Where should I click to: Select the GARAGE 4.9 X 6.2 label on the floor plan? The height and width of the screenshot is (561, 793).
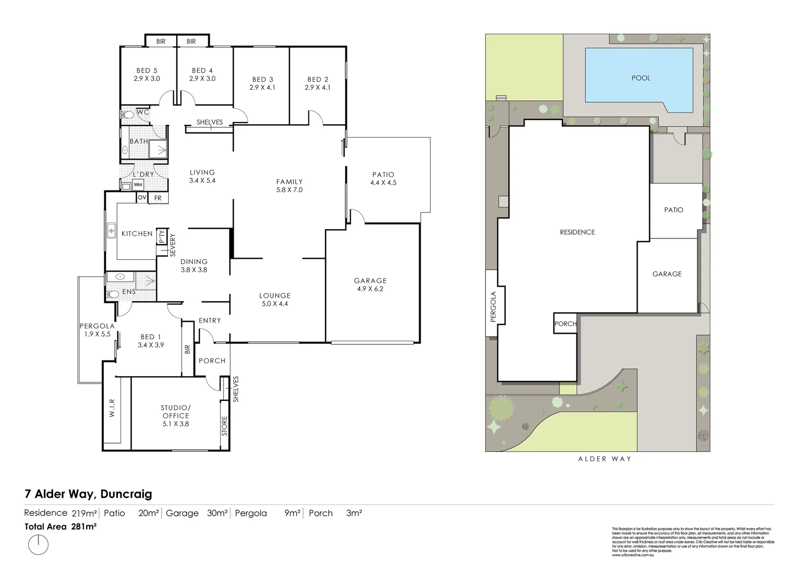pos(370,285)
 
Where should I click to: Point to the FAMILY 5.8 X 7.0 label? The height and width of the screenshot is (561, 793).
pos(289,185)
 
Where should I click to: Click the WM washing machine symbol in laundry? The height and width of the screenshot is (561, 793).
pos(138,185)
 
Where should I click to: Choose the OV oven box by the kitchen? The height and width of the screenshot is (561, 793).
pos(142,198)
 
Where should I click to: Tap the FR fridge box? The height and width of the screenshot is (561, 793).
pos(158,198)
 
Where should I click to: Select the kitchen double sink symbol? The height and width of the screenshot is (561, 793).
pos(111,230)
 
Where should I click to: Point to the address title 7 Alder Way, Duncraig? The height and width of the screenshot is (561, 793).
pos(88,493)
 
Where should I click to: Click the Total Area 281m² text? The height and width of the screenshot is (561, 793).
pos(61,526)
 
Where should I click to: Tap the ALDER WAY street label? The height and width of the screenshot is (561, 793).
pos(605,459)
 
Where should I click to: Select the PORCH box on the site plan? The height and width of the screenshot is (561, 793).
pos(565,324)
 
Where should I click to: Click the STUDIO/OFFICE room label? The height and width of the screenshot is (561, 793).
pos(176,416)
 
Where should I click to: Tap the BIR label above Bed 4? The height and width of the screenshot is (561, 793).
pos(191,42)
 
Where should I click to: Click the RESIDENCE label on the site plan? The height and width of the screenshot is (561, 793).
pos(577,232)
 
